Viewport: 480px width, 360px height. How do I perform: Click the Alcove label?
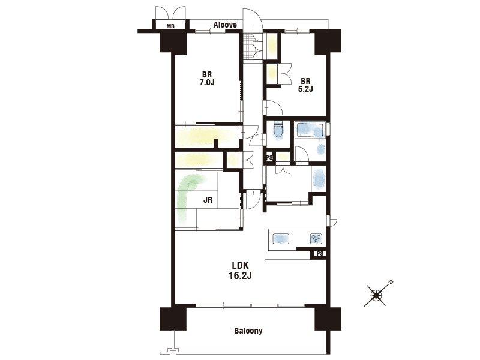[x=225, y=25]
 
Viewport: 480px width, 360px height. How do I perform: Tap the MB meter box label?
[x=170, y=26]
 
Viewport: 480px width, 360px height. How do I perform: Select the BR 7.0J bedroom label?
[x=207, y=79]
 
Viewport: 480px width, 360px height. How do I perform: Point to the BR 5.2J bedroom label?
[x=305, y=85]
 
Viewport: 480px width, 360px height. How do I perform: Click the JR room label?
[x=208, y=200]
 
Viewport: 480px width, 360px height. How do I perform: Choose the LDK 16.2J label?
[x=240, y=271]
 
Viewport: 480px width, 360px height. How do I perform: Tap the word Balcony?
[x=248, y=331]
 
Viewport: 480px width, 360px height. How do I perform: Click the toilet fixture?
[x=278, y=131]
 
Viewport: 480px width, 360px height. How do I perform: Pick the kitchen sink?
[x=281, y=238]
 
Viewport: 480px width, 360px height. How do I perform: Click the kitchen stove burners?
[x=316, y=238]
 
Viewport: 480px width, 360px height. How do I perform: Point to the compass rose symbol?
[x=376, y=295]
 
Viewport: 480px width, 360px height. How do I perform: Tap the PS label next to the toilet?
[x=269, y=158]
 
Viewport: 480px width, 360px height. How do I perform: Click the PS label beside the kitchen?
[x=320, y=253]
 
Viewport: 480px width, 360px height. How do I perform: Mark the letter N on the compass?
[x=391, y=282]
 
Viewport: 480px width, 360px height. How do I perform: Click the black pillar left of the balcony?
[x=173, y=319]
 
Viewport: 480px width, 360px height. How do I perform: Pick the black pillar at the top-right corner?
[x=328, y=41]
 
